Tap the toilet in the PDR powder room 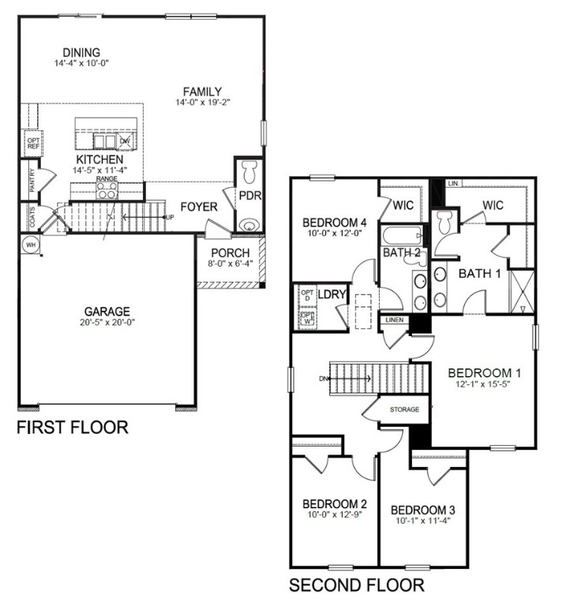(249, 171)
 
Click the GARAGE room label (108, 311)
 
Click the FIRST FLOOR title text (73, 428)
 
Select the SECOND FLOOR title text (356, 585)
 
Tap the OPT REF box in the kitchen (34, 143)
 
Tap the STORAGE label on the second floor (404, 410)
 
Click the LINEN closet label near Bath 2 (394, 320)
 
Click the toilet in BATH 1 (444, 223)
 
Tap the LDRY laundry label (332, 294)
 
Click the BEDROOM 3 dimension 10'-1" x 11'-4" (422, 522)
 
